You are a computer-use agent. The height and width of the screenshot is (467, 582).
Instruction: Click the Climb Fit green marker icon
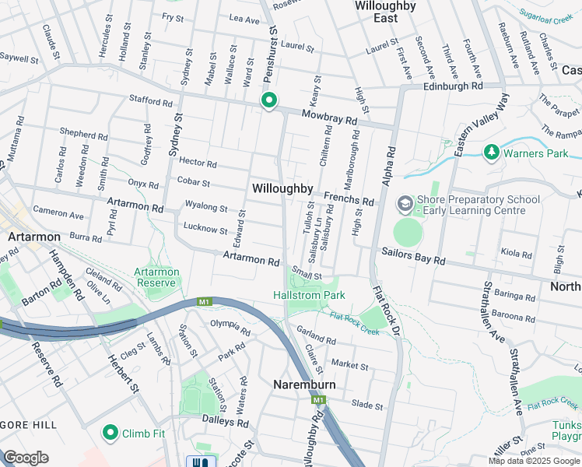click(110, 433)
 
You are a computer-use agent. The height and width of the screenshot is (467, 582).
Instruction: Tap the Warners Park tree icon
click(491, 153)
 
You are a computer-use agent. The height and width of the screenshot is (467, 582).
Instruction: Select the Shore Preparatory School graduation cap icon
click(405, 204)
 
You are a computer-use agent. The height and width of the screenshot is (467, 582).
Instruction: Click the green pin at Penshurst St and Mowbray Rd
click(269, 101)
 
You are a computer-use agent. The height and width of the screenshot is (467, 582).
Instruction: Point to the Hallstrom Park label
click(309, 295)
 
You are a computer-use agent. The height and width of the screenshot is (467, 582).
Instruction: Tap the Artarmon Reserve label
click(157, 277)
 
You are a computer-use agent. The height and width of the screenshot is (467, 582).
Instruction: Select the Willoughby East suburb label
click(385, 12)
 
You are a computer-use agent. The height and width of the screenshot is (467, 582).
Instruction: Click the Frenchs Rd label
click(349, 199)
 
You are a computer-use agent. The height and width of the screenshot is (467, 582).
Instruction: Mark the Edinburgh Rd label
click(453, 86)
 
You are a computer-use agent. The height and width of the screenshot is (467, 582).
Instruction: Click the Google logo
click(26, 458)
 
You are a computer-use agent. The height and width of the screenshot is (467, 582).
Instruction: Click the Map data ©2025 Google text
click(534, 461)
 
